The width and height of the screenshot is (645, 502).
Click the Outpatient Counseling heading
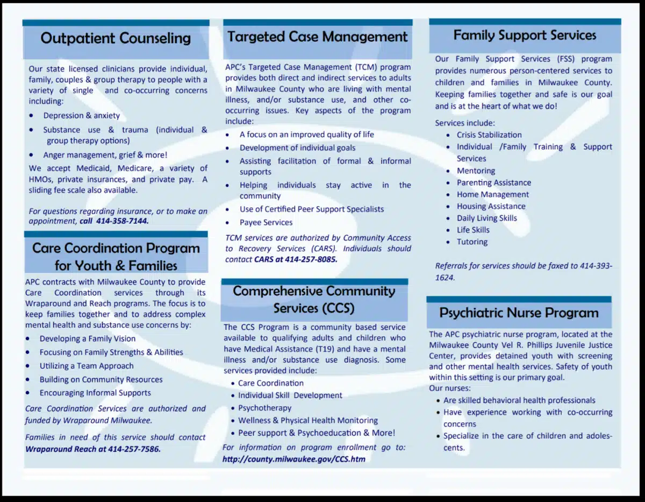(116, 38)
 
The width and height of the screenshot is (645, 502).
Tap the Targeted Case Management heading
(318, 37)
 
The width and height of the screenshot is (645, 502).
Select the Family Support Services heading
(525, 36)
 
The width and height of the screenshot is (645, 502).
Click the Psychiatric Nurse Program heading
(519, 313)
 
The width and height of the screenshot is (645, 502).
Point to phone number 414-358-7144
(123, 221)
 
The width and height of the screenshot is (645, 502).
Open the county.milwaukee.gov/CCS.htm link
(294, 459)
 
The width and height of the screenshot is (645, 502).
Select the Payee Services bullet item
(266, 222)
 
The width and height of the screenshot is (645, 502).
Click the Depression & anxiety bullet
(82, 116)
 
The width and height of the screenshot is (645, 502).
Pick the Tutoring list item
(472, 242)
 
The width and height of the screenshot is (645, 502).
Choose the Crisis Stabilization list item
(489, 135)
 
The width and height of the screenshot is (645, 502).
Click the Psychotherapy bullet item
(265, 408)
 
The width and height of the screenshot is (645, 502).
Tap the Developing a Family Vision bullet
(88, 339)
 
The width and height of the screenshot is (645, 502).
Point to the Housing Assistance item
(491, 207)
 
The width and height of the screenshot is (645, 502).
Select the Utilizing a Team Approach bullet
(87, 366)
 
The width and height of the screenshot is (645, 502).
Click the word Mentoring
(476, 171)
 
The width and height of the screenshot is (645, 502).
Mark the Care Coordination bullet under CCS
(271, 384)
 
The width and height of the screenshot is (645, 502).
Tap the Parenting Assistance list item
(494, 183)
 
